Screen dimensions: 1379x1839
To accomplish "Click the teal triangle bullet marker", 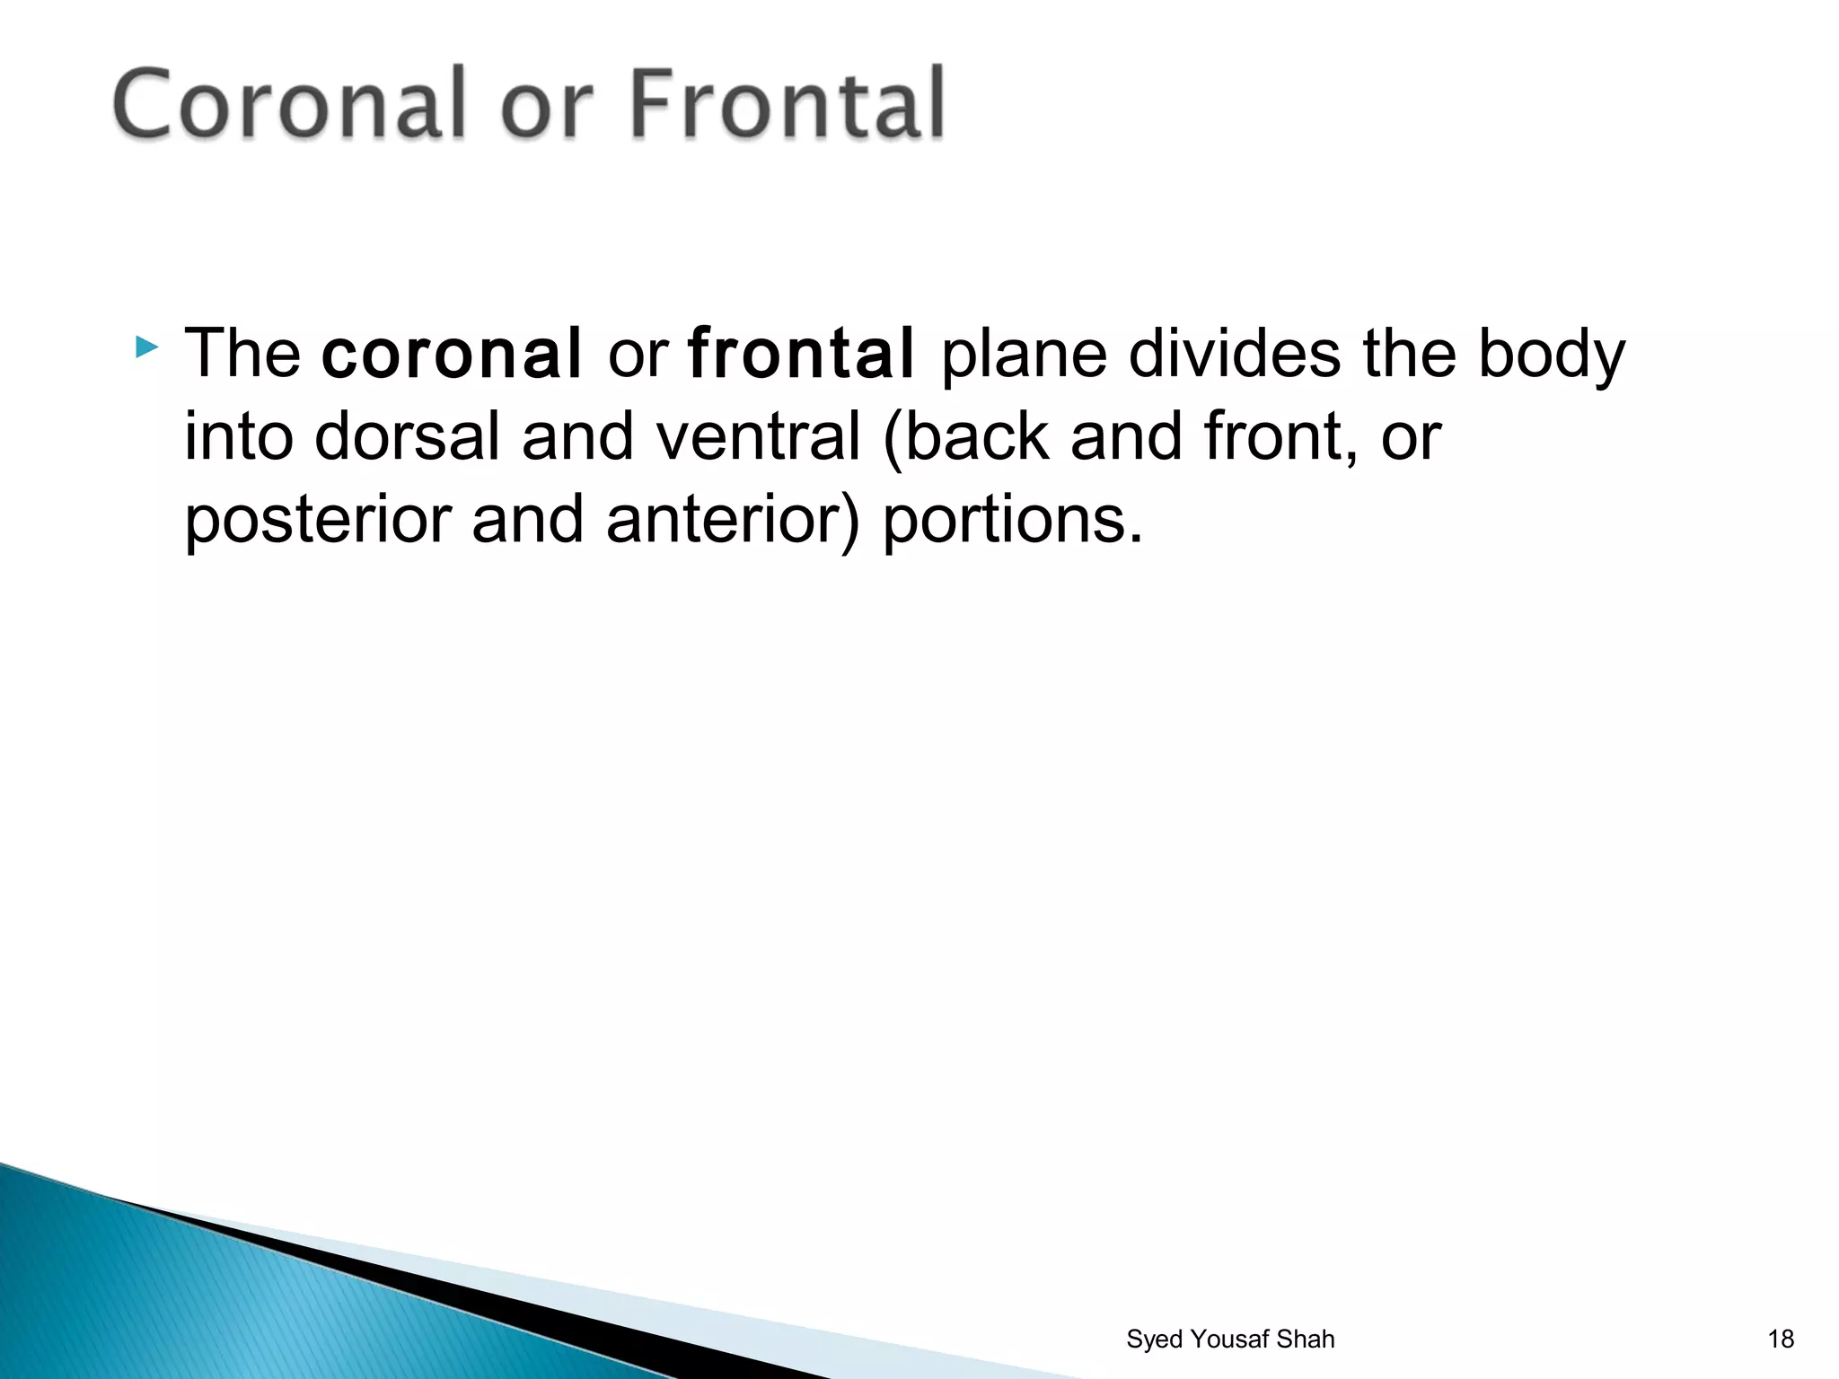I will pyautogui.click(x=146, y=347).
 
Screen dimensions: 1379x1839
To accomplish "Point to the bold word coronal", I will pyautogui.click(x=452, y=354).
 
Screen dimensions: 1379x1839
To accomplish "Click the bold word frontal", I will pyautogui.click(x=801, y=354).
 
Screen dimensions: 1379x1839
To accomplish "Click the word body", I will pyautogui.click(x=1551, y=356).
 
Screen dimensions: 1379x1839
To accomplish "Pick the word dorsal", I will pyautogui.click(x=406, y=437).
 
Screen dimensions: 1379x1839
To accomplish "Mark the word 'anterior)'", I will pyautogui.click(x=733, y=521).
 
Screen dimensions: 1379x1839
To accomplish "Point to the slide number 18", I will pyautogui.click(x=1781, y=1339).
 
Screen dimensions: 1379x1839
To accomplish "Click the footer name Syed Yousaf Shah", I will pyautogui.click(x=1230, y=1339).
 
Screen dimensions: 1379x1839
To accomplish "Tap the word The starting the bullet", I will pyautogui.click(x=242, y=354).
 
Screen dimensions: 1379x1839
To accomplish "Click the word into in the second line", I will pyautogui.click(x=239, y=437).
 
